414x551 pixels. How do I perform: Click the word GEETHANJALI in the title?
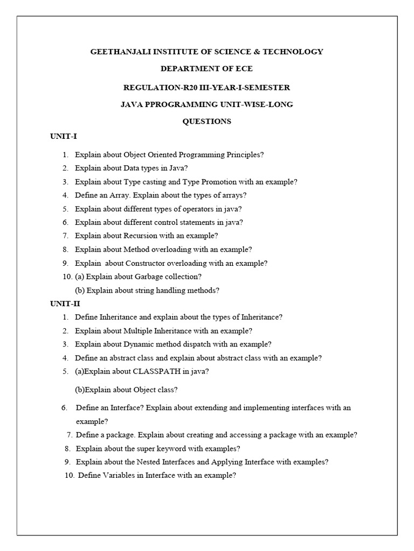118,52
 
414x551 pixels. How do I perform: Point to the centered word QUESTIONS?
207,121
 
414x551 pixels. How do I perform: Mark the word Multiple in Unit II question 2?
137,330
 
